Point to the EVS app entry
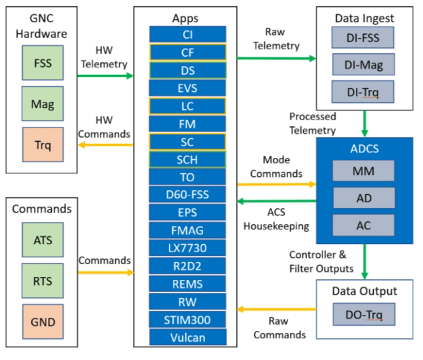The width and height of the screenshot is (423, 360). (188, 88)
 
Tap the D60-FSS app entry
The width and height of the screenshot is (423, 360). (188, 195)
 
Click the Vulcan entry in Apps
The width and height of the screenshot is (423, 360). (188, 337)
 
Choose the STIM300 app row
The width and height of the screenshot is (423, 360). (188, 320)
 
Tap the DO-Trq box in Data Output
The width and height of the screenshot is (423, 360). (363, 315)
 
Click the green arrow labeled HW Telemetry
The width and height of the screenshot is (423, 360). (105, 76)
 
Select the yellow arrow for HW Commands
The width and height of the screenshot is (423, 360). (105, 145)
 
